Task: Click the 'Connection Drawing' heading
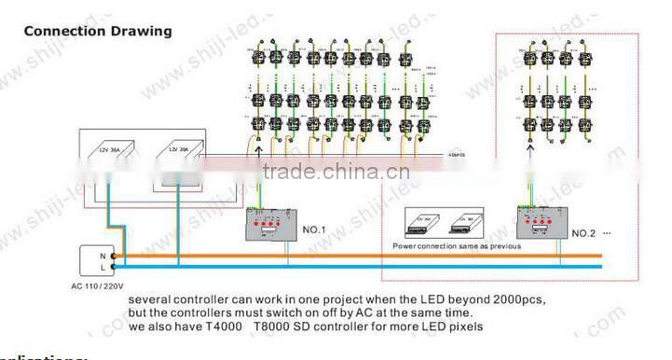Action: click(98, 31)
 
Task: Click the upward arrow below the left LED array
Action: click(258, 144)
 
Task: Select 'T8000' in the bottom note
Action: click(291, 328)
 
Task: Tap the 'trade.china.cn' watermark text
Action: click(333, 173)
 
